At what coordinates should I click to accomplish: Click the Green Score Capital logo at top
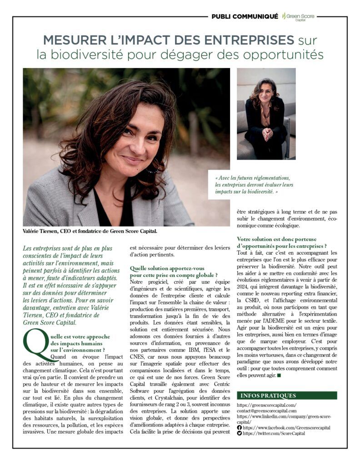coord(298,17)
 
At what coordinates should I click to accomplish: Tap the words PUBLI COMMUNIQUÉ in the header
coord(245,16)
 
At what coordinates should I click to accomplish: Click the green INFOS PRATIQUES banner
coord(287,396)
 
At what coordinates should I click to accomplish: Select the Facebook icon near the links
coord(240,427)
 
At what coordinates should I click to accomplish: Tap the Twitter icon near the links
coord(240,433)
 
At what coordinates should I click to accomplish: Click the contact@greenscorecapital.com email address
coord(267,411)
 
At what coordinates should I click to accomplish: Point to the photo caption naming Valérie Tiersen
coord(90,232)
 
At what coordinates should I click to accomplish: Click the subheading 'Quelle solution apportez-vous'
coord(174,272)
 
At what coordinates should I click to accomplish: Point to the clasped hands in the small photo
coord(268,134)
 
